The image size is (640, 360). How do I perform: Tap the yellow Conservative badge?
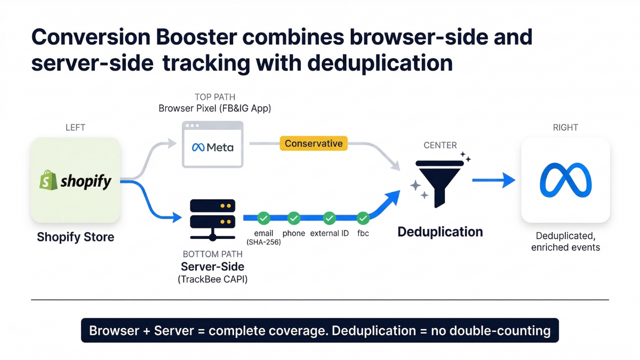pos(314,143)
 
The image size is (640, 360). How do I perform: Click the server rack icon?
pos(212,219)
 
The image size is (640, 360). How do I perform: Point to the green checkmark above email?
pos(263,218)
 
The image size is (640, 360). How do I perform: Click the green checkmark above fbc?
pos(363,218)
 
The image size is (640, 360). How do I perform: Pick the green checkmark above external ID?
pos(330,218)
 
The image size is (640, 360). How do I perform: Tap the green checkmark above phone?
pos(294,218)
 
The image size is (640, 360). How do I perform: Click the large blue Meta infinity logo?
pos(565,180)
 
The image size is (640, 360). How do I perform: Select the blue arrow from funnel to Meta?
pos(493,181)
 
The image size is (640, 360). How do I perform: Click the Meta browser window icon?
pos(212,145)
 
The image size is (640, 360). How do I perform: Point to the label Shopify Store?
pos(75,237)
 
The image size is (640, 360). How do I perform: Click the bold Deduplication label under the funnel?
pos(440,232)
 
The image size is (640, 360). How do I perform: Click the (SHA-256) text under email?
pos(264,242)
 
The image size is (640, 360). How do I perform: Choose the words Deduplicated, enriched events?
pos(565,242)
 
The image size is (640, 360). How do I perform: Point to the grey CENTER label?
pos(439,145)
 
